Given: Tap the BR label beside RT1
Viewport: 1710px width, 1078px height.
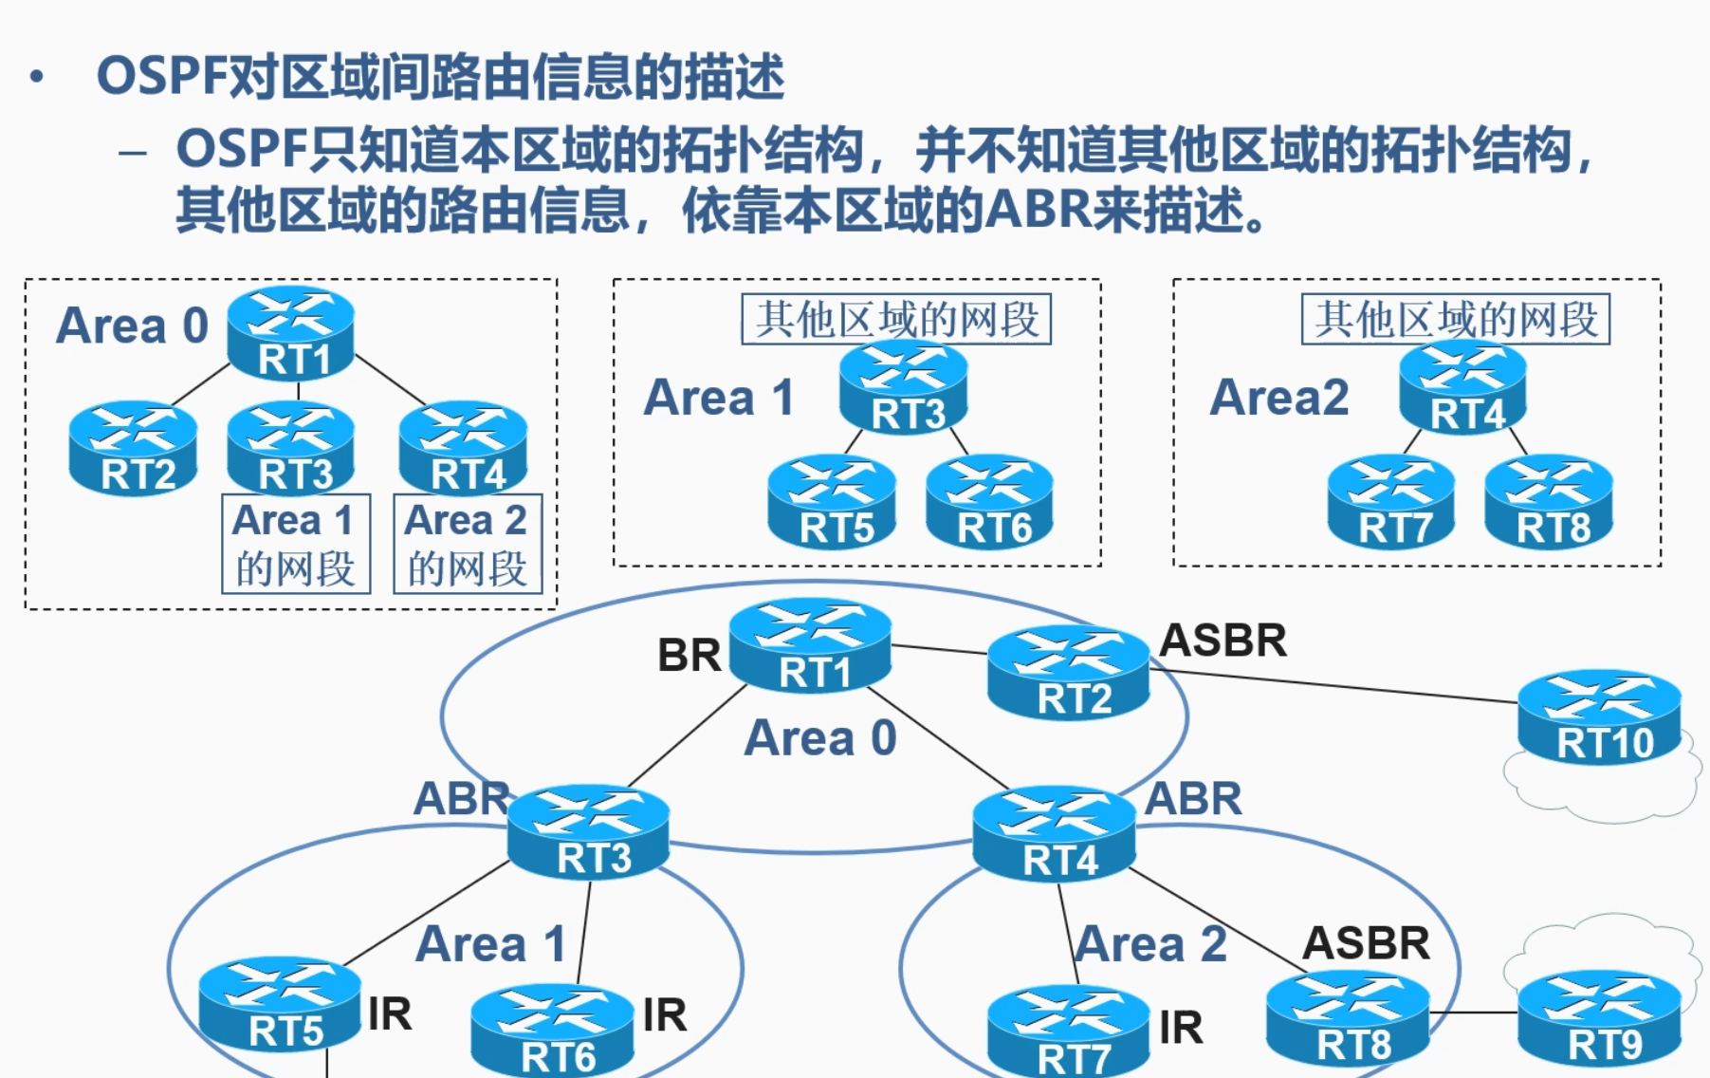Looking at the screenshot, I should (x=689, y=656).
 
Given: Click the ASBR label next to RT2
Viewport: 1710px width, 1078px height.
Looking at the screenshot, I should (x=1223, y=641).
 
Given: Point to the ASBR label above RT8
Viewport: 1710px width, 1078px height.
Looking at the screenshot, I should (x=1366, y=943).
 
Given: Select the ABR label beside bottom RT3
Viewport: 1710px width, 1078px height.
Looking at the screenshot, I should (x=461, y=799).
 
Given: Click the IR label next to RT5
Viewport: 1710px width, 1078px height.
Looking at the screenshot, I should (x=390, y=1014).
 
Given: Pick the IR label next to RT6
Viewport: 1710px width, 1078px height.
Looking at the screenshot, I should (x=664, y=1015).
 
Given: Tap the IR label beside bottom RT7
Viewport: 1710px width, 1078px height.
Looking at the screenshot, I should (x=1181, y=1028).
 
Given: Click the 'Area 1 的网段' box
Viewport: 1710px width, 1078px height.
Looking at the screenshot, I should (x=295, y=544).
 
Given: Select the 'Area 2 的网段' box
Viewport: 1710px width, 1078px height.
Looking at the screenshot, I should (x=468, y=544).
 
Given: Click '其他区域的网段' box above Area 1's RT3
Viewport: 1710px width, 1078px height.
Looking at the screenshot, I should (x=896, y=320).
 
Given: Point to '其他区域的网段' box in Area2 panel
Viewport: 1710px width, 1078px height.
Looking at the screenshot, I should (x=1456, y=320).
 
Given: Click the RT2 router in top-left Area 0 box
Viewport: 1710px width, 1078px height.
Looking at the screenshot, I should (x=134, y=449).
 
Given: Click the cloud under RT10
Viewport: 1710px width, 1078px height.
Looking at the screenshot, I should (x=1603, y=792).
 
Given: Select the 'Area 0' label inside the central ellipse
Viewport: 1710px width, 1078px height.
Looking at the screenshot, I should (x=820, y=738).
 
